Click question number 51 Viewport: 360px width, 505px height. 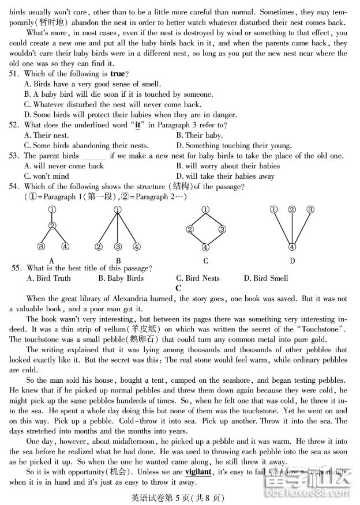[x=14, y=74]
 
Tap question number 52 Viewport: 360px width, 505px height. [x=14, y=125]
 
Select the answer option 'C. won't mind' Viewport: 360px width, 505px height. [x=47, y=176]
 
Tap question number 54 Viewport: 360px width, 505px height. [x=14, y=187]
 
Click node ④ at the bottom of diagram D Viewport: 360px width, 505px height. [x=292, y=247]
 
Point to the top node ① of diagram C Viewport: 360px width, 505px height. [x=206, y=210]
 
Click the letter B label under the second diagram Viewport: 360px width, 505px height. [x=118, y=261]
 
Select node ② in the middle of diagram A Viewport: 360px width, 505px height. [x=52, y=226]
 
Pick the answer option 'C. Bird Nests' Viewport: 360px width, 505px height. [x=198, y=278]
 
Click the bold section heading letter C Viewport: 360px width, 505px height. [x=178, y=288]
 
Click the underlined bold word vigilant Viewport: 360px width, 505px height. [x=198, y=472]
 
